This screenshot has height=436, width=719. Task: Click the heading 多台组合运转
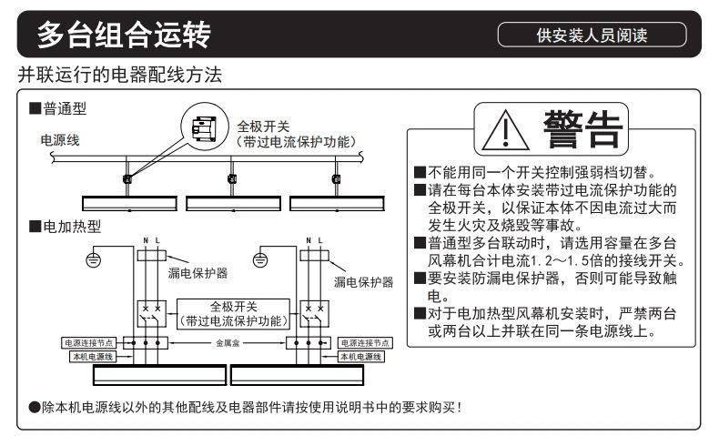[122, 35]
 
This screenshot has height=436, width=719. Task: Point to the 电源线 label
[60, 141]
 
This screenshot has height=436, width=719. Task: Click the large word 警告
[582, 127]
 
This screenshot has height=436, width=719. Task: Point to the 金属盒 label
[228, 344]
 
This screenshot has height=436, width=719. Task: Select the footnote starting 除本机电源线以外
[246, 406]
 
